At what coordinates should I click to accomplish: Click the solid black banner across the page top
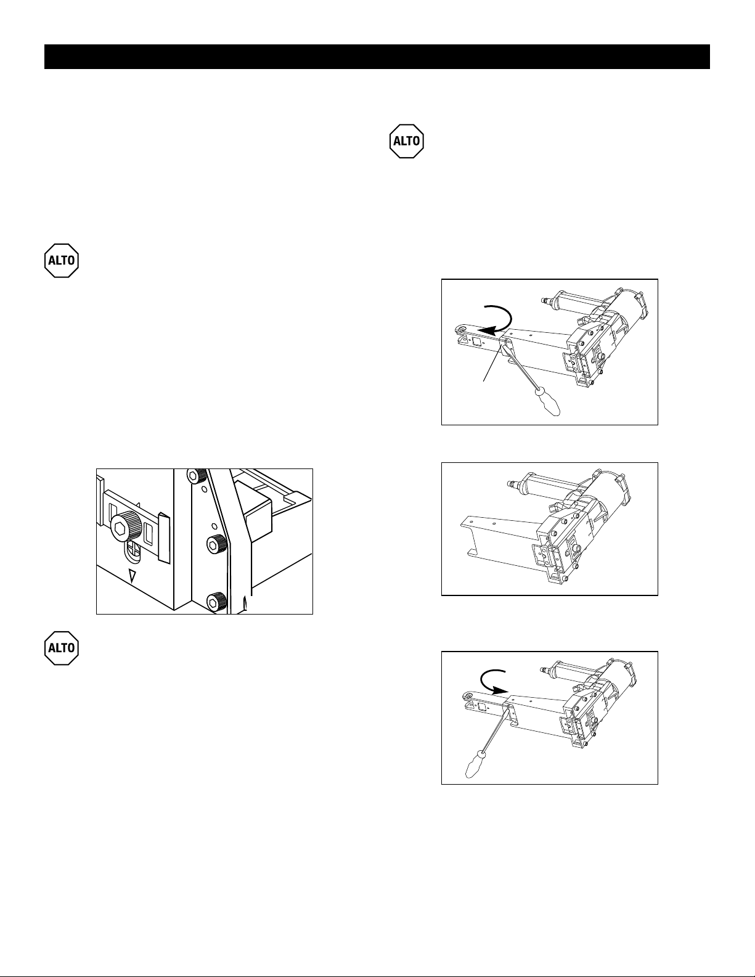tap(377, 57)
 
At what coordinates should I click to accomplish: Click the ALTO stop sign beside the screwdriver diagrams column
tap(407, 141)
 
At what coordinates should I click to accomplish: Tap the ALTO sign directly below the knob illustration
tap(62, 648)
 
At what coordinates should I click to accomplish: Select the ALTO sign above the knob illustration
tap(62, 261)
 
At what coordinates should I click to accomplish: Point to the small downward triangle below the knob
tap(132, 576)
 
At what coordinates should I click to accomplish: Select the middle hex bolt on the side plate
tap(216, 544)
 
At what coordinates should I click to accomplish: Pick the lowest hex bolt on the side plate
tap(216, 601)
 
